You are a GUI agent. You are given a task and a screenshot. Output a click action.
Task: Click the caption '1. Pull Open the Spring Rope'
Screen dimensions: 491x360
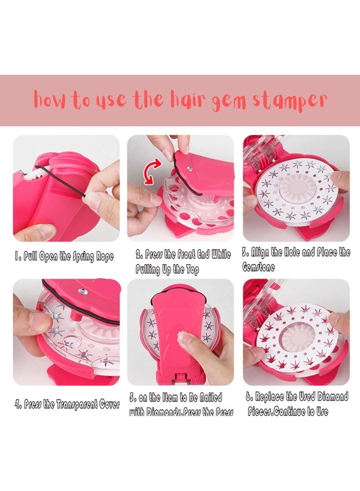coord(64,257)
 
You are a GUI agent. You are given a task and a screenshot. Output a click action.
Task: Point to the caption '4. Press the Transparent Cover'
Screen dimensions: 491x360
coord(67,404)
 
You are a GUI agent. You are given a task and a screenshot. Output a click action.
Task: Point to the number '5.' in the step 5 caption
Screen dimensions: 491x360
coord(133,398)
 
